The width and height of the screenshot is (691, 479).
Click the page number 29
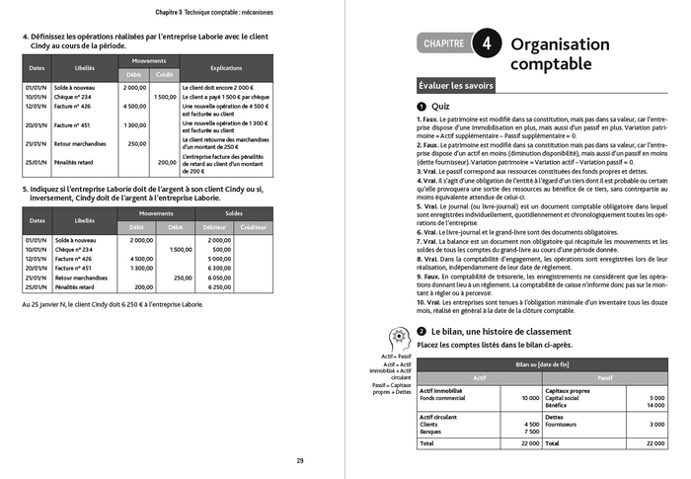[300, 460]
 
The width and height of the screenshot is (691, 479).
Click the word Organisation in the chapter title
[560, 43]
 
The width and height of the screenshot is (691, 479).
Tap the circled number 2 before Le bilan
[422, 331]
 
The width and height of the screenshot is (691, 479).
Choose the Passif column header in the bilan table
[605, 377]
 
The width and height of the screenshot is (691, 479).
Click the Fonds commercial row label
[443, 397]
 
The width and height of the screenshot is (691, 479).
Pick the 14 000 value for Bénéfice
[653, 405]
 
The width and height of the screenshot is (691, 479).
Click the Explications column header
[225, 68]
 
